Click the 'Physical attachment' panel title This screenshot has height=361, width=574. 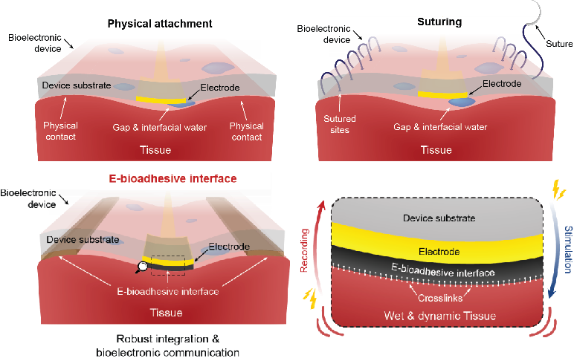[160, 24]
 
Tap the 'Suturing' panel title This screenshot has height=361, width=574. [440, 22]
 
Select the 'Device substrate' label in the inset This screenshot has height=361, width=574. [438, 218]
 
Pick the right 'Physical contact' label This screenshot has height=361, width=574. [247, 131]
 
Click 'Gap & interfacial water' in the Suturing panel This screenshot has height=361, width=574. [440, 127]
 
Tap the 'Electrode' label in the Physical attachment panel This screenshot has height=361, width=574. [219, 88]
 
